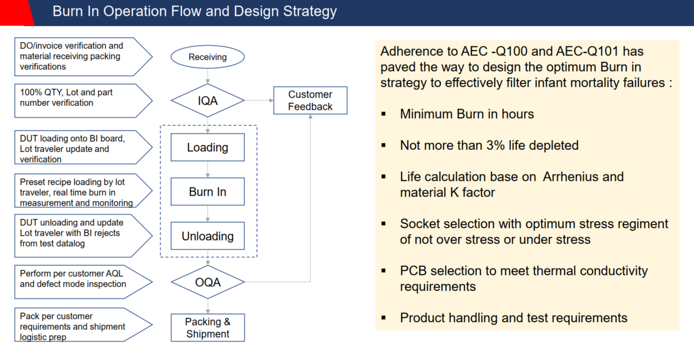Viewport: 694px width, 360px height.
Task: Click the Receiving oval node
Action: [x=207, y=57]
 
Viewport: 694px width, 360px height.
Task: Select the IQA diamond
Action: [x=207, y=100]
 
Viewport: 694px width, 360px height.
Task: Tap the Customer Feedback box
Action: [x=310, y=100]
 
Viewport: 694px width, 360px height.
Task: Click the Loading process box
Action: [x=207, y=147]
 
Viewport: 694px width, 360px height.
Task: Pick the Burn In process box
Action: [x=207, y=192]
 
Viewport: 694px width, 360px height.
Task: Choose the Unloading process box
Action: [x=207, y=236]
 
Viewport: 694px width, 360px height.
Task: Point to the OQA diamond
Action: [x=207, y=282]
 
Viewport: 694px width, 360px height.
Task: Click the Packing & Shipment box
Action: [x=207, y=327]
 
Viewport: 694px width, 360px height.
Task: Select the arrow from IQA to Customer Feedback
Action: [x=259, y=100]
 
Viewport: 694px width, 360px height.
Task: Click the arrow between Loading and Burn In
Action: [x=207, y=169]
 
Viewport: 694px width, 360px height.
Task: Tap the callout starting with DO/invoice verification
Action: [x=76, y=56]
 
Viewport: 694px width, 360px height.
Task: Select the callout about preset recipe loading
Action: [x=76, y=192]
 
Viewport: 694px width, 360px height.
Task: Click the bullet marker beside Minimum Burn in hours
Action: [x=384, y=114]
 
